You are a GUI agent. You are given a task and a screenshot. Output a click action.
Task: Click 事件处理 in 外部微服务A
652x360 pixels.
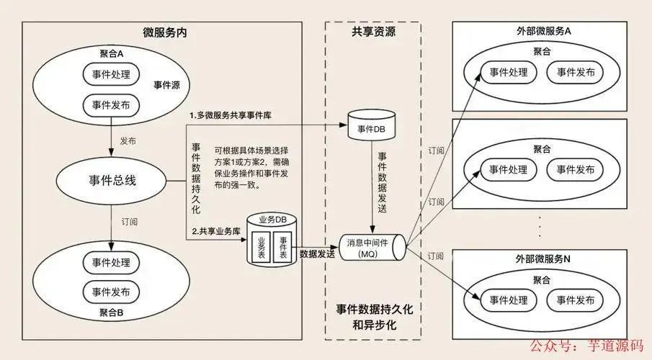[509, 72]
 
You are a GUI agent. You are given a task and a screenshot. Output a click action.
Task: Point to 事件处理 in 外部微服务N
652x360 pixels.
[509, 299]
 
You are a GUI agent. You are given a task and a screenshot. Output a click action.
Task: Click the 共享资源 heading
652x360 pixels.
[373, 32]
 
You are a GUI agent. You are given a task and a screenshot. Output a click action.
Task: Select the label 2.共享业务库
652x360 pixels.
[215, 231]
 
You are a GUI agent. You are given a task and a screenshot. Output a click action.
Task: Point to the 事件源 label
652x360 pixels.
[166, 85]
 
